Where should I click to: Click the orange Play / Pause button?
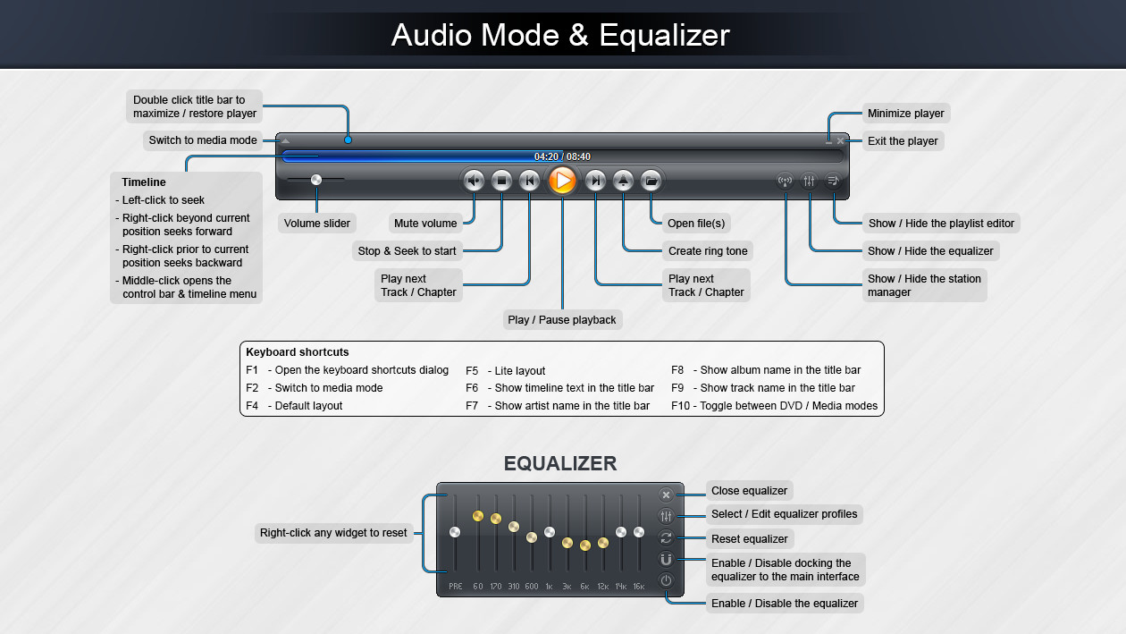click(x=562, y=181)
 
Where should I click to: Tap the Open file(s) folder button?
click(x=651, y=181)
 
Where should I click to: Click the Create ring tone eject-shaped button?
click(x=624, y=181)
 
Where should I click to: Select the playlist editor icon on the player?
click(x=833, y=181)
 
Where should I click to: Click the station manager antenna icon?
click(x=786, y=181)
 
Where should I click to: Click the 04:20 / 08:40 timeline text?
click(x=562, y=156)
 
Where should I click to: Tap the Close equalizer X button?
click(x=666, y=495)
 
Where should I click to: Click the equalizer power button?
click(x=666, y=580)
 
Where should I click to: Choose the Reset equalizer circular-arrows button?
click(x=666, y=537)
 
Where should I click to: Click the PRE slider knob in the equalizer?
click(x=455, y=532)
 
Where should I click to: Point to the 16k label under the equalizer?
click(x=639, y=587)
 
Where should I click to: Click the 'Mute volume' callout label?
click(x=425, y=224)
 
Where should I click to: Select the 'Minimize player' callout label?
click(x=906, y=114)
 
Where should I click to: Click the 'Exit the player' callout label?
click(x=903, y=141)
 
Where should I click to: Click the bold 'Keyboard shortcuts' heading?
click(x=298, y=352)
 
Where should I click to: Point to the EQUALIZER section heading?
click(x=560, y=463)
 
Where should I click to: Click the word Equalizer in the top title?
click(x=665, y=35)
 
